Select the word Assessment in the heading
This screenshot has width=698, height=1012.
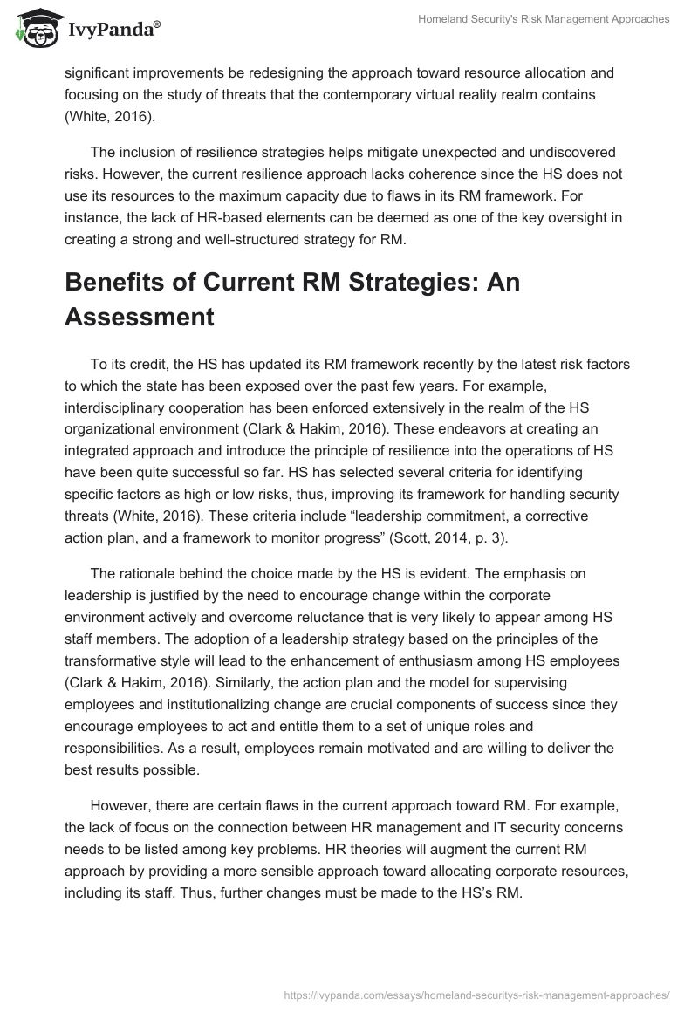point(139,317)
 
